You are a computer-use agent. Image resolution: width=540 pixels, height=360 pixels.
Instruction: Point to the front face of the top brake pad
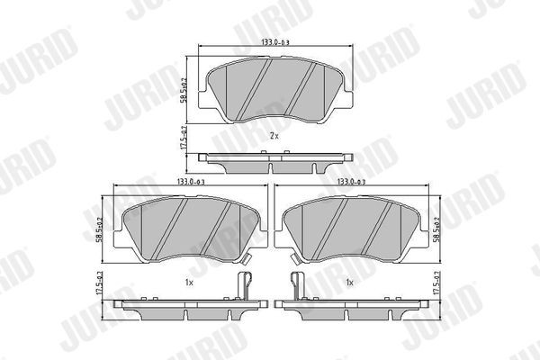pyautogui.click(x=275, y=90)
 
